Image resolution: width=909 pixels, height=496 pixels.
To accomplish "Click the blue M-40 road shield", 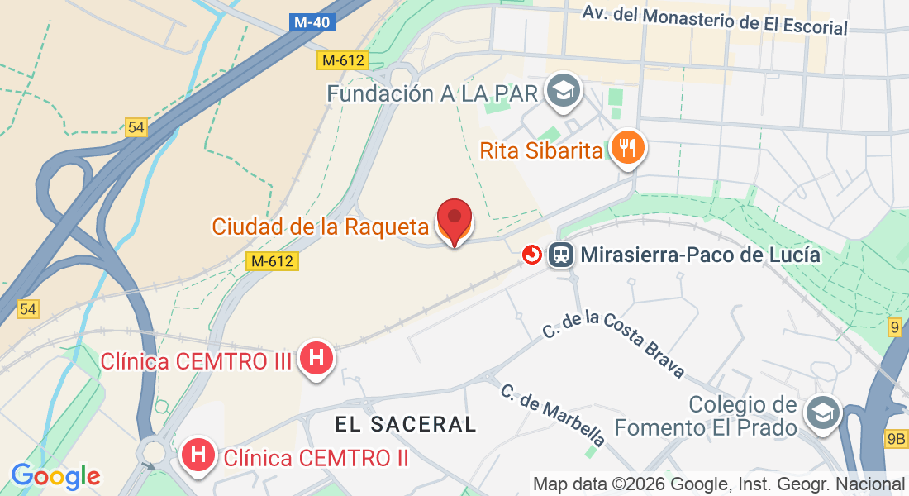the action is tap(313, 22).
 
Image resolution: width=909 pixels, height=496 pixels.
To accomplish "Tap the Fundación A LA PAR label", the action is tap(432, 93).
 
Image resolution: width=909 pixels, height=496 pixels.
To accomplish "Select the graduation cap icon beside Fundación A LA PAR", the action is tap(565, 90).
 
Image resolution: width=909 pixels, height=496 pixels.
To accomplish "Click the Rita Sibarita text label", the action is tap(541, 151).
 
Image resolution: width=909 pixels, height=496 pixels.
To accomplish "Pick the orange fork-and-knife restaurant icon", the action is tap(629, 147).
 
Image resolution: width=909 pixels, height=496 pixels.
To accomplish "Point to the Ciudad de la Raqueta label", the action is tap(320, 226).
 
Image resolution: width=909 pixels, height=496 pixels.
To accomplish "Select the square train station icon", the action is tap(561, 255).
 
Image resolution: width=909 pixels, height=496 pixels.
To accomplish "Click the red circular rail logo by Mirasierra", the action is tap(532, 255).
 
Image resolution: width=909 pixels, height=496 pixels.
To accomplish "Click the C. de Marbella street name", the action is tap(552, 415).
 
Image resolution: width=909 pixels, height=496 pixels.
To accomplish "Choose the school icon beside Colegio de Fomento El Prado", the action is tap(823, 413).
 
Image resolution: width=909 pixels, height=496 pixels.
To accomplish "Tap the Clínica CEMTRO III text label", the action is tap(196, 361).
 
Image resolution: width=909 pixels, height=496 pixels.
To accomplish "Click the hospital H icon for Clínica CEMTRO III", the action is tap(316, 358).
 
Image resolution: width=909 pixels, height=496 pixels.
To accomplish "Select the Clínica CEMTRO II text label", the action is tap(316, 457).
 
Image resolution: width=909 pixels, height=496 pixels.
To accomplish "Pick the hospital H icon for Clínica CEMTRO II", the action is tap(198, 455).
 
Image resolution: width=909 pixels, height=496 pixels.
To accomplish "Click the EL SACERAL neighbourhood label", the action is tap(406, 424).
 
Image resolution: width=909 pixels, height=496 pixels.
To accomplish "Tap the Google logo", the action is tap(55, 476).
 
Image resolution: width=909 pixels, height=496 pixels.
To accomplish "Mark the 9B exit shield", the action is tap(895, 439).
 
